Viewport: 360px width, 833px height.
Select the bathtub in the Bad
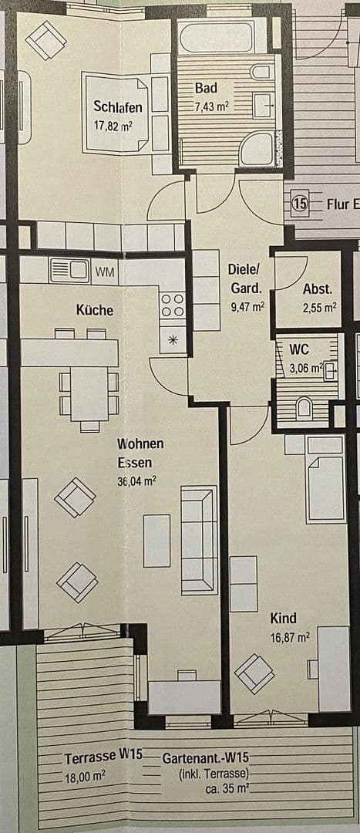(216, 36)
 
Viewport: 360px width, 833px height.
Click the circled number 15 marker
(301, 204)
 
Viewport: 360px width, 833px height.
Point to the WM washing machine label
(104, 271)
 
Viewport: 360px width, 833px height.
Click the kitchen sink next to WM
(70, 271)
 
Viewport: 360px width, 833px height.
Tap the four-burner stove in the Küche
(173, 305)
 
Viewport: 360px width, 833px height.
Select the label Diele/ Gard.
(246, 279)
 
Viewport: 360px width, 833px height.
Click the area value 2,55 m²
(318, 306)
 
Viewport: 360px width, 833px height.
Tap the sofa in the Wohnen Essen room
(198, 540)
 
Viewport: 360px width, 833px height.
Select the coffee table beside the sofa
(156, 540)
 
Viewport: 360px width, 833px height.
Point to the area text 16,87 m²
(289, 637)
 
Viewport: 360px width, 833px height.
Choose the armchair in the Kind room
(254, 673)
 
